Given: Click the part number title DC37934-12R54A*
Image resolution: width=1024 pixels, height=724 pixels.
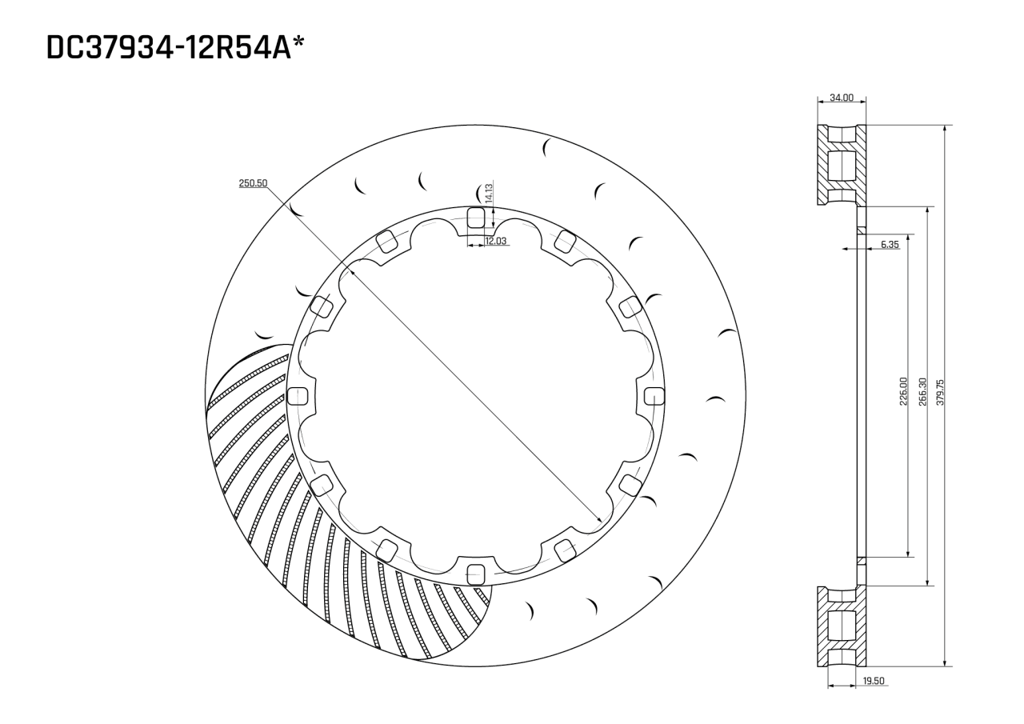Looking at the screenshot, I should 177,47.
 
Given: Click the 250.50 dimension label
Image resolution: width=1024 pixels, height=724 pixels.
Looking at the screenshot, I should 253,183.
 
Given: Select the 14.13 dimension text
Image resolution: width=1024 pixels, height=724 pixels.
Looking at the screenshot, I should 488,193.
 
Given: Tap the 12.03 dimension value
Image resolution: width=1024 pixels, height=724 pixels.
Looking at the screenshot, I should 495,241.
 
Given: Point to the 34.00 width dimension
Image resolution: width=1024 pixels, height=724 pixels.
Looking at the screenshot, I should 841,98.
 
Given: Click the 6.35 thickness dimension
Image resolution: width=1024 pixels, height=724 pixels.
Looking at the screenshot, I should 890,244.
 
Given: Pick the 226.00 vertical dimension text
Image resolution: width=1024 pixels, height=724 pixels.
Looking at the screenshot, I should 903,392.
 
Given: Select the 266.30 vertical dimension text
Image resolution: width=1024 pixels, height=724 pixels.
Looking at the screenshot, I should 922,392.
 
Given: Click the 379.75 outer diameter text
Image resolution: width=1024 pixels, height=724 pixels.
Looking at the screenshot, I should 941,392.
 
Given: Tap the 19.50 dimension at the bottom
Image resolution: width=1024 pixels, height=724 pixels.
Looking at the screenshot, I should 874,681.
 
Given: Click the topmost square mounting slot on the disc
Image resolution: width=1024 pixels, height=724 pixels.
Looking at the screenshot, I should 475,217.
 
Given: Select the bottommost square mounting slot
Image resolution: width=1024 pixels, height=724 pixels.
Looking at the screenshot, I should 475,573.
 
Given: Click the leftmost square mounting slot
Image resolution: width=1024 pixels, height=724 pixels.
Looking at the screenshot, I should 297,395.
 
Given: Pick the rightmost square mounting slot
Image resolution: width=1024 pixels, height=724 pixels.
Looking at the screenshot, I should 654,395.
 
